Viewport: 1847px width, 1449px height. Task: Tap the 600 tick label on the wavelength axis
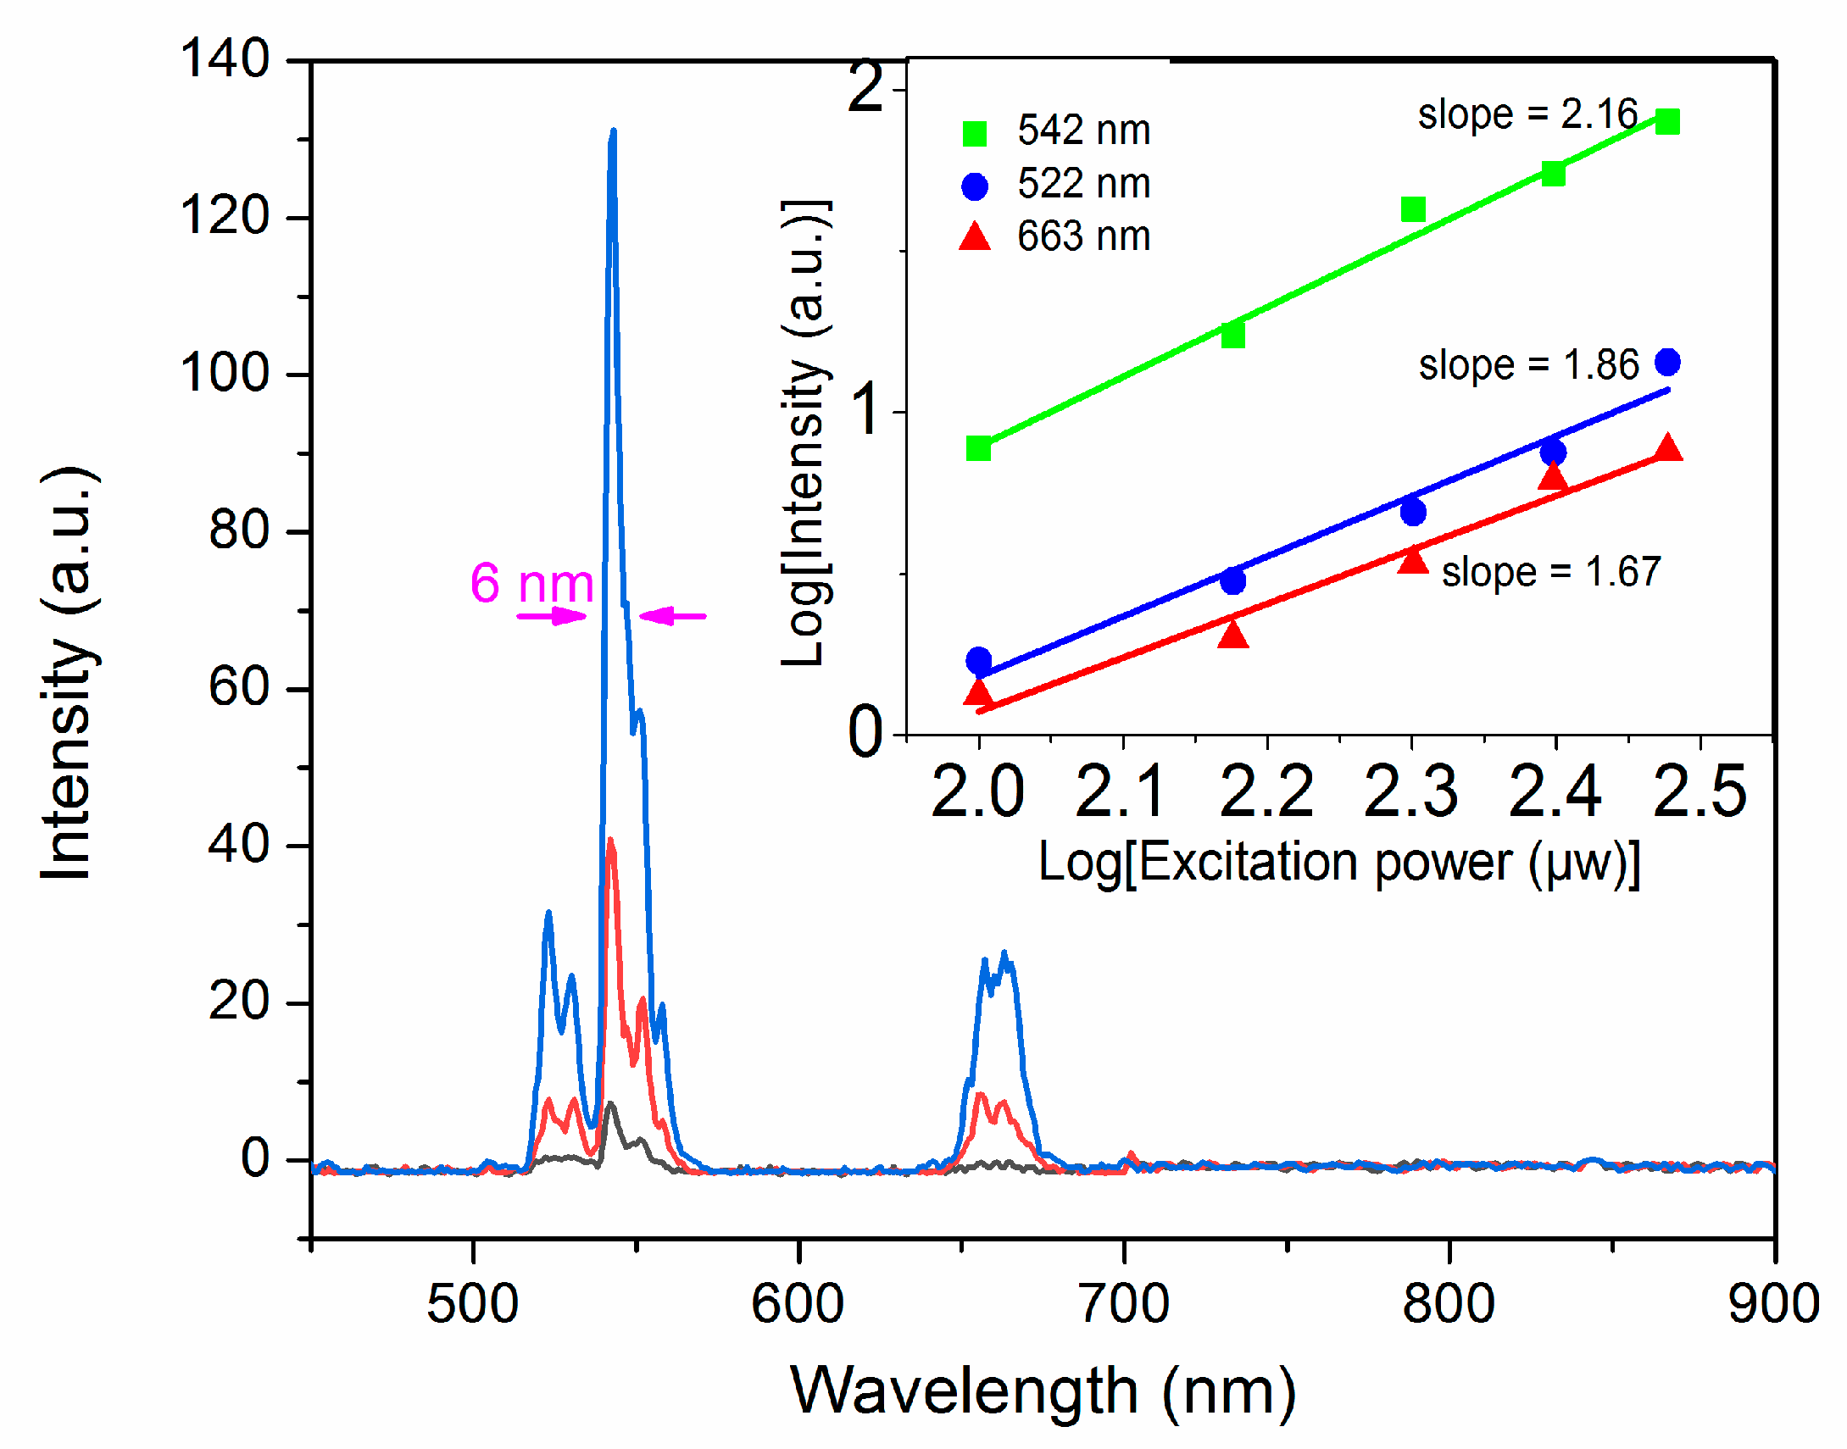click(797, 1304)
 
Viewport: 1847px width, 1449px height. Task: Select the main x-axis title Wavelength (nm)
click(1043, 1391)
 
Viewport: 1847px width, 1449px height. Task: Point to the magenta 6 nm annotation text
click(531, 584)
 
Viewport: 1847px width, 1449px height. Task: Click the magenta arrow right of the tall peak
click(672, 616)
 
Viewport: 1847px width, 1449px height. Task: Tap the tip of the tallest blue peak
click(613, 132)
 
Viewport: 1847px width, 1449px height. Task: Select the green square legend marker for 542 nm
click(975, 133)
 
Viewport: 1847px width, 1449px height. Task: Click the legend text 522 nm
click(1083, 184)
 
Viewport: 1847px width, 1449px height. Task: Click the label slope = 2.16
click(1527, 114)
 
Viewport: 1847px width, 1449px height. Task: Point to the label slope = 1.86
click(1529, 366)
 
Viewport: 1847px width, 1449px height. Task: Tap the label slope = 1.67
click(1551, 573)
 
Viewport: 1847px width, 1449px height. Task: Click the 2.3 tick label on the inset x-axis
click(1411, 791)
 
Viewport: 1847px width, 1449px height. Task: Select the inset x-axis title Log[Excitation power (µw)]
click(1338, 863)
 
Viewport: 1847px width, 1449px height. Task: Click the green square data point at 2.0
click(978, 448)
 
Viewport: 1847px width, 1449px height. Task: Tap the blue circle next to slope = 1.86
click(1667, 363)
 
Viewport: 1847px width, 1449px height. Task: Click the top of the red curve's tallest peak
click(610, 841)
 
